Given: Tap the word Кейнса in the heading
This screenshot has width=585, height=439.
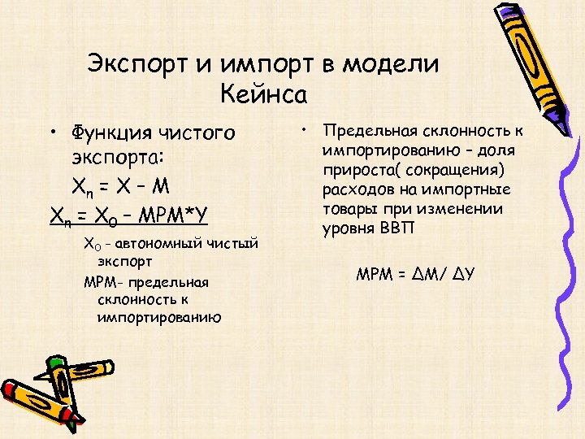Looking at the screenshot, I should coord(263,94).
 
